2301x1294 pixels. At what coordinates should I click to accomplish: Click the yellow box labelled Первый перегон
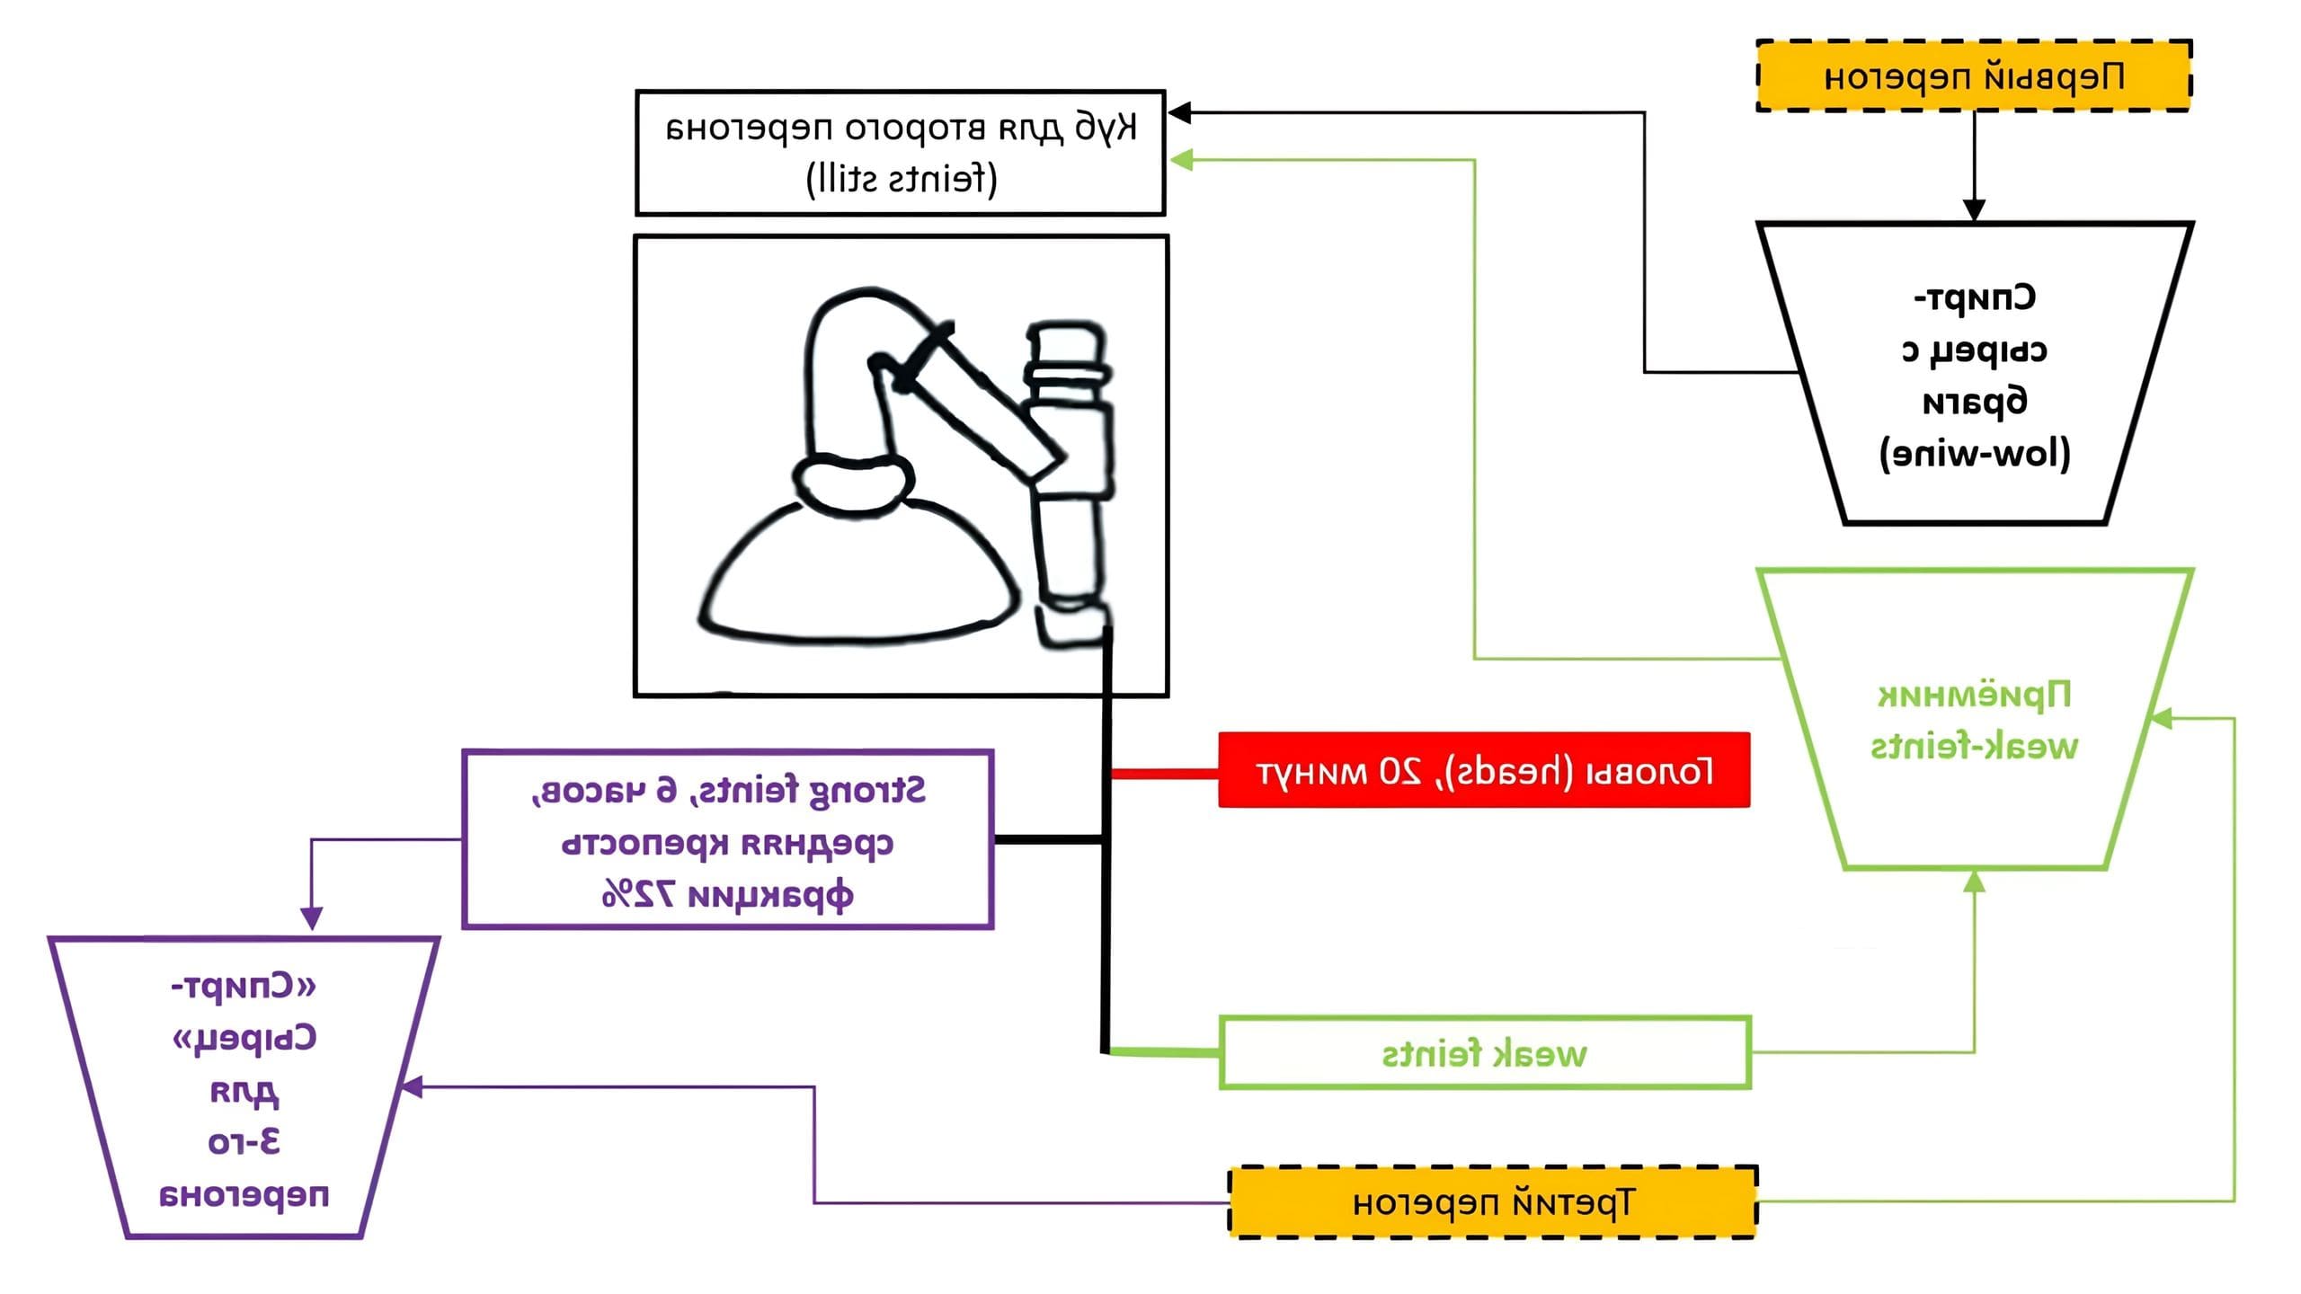[1974, 76]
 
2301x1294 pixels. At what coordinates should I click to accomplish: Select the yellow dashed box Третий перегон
[1492, 1201]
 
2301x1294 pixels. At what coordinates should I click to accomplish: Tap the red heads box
[1484, 770]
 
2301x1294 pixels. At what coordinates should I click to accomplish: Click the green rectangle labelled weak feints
[1484, 1052]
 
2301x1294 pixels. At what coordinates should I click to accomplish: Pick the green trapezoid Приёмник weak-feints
[1974, 719]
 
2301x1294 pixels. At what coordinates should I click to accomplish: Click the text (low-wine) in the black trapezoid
[1975, 453]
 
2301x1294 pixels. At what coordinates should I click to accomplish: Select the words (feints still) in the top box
[902, 178]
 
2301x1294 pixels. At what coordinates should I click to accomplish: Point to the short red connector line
[1164, 772]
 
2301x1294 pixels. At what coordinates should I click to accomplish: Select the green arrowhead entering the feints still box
[1180, 160]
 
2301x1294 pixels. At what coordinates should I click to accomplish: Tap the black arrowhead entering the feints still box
[1179, 113]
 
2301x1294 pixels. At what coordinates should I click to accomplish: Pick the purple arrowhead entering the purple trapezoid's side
[411, 1087]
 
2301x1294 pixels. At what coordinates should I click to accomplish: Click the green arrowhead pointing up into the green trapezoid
[1974, 882]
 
